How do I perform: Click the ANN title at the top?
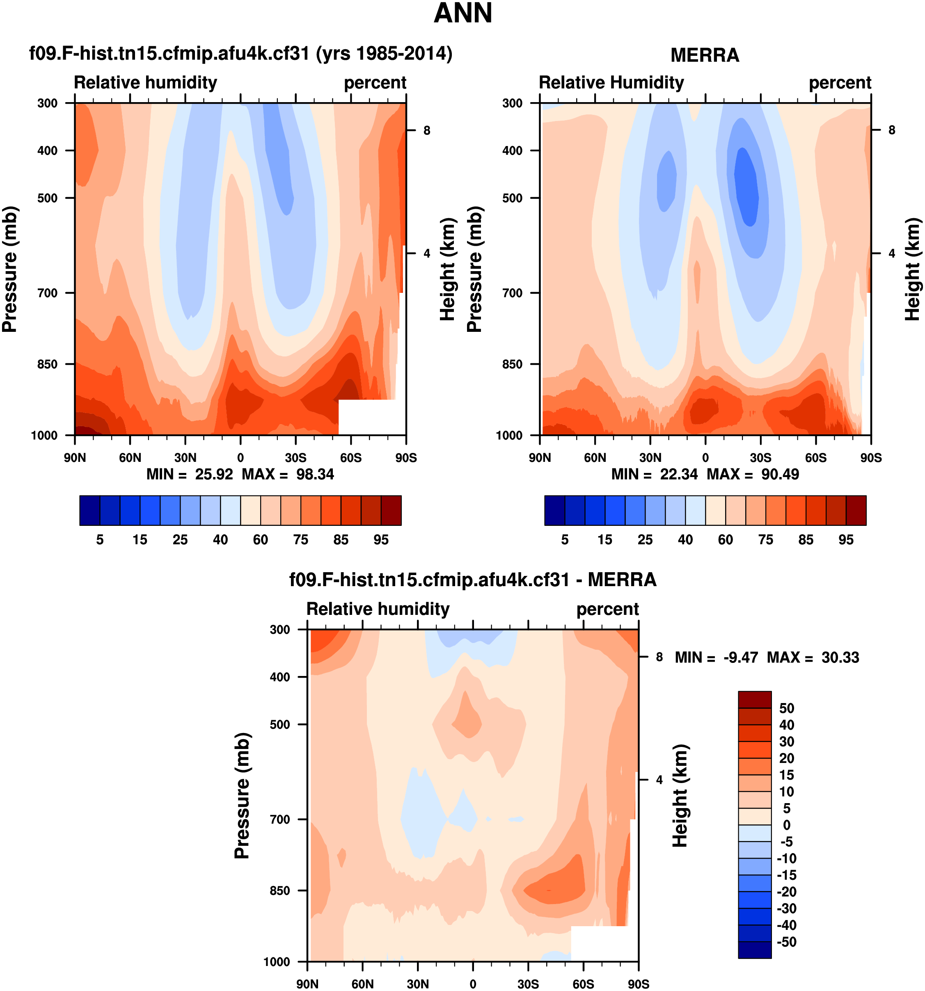click(x=463, y=14)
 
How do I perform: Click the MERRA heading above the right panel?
click(x=704, y=55)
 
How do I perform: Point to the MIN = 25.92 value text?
click(x=190, y=474)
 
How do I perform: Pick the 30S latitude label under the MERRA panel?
click(x=760, y=458)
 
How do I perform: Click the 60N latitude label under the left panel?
click(x=130, y=458)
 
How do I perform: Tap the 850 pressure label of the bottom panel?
click(x=280, y=891)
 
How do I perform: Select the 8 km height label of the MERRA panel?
click(x=892, y=130)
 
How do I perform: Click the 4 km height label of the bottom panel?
click(x=659, y=780)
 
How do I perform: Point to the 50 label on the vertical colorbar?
click(x=786, y=708)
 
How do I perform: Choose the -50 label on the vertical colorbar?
click(x=786, y=942)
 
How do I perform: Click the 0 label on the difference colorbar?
click(x=786, y=825)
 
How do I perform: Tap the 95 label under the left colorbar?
click(x=381, y=540)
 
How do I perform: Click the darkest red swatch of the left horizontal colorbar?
click(x=391, y=510)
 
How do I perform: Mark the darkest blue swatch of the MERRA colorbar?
click(x=554, y=510)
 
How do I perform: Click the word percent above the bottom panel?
click(x=607, y=609)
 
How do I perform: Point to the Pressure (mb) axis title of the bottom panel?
click(x=242, y=796)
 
